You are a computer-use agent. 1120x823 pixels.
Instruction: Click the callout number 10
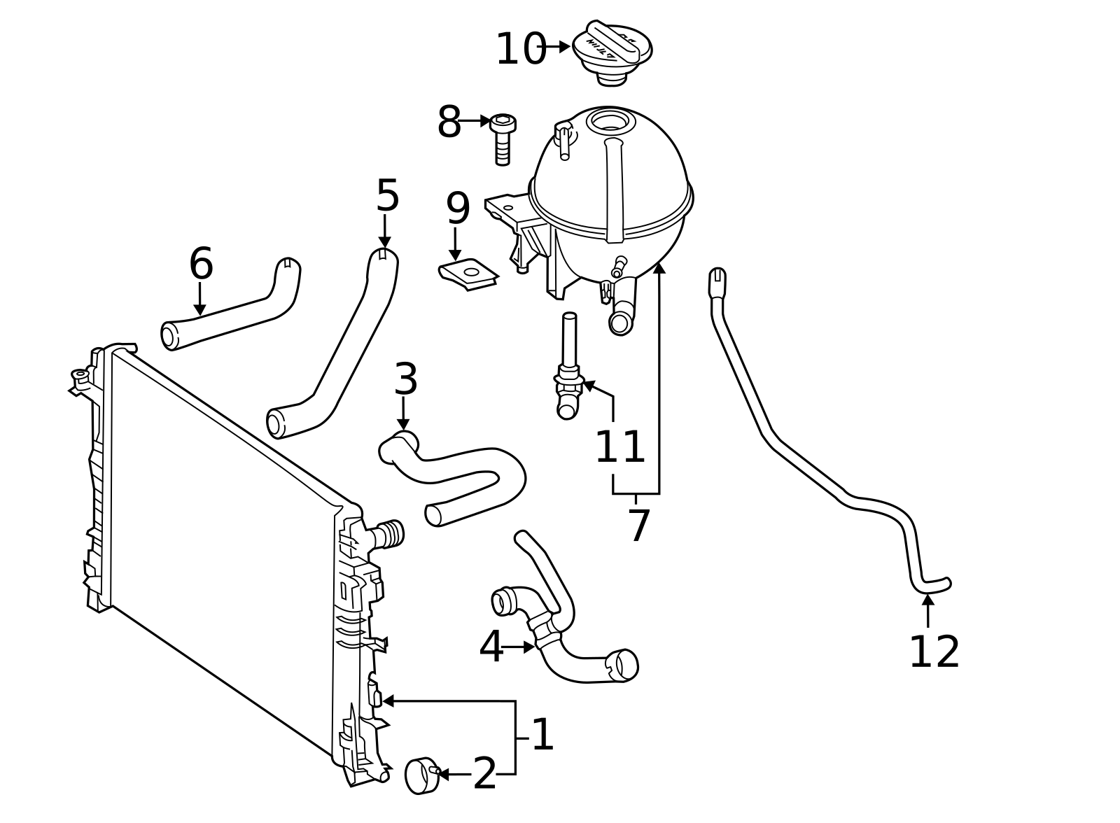[520, 50]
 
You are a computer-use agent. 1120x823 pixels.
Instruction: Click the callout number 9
[458, 208]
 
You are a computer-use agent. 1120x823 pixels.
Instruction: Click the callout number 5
[387, 196]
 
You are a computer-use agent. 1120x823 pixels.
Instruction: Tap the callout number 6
[201, 265]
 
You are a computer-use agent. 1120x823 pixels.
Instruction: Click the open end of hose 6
[169, 335]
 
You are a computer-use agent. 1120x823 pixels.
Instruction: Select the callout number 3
[405, 379]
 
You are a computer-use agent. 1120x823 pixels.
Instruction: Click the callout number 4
[491, 647]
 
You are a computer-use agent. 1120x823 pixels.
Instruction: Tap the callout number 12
[934, 652]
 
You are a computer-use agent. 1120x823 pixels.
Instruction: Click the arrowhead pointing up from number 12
[928, 600]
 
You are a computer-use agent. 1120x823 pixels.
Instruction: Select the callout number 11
[619, 447]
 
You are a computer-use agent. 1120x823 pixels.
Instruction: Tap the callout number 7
[639, 526]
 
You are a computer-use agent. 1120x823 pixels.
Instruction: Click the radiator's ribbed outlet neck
[389, 534]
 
